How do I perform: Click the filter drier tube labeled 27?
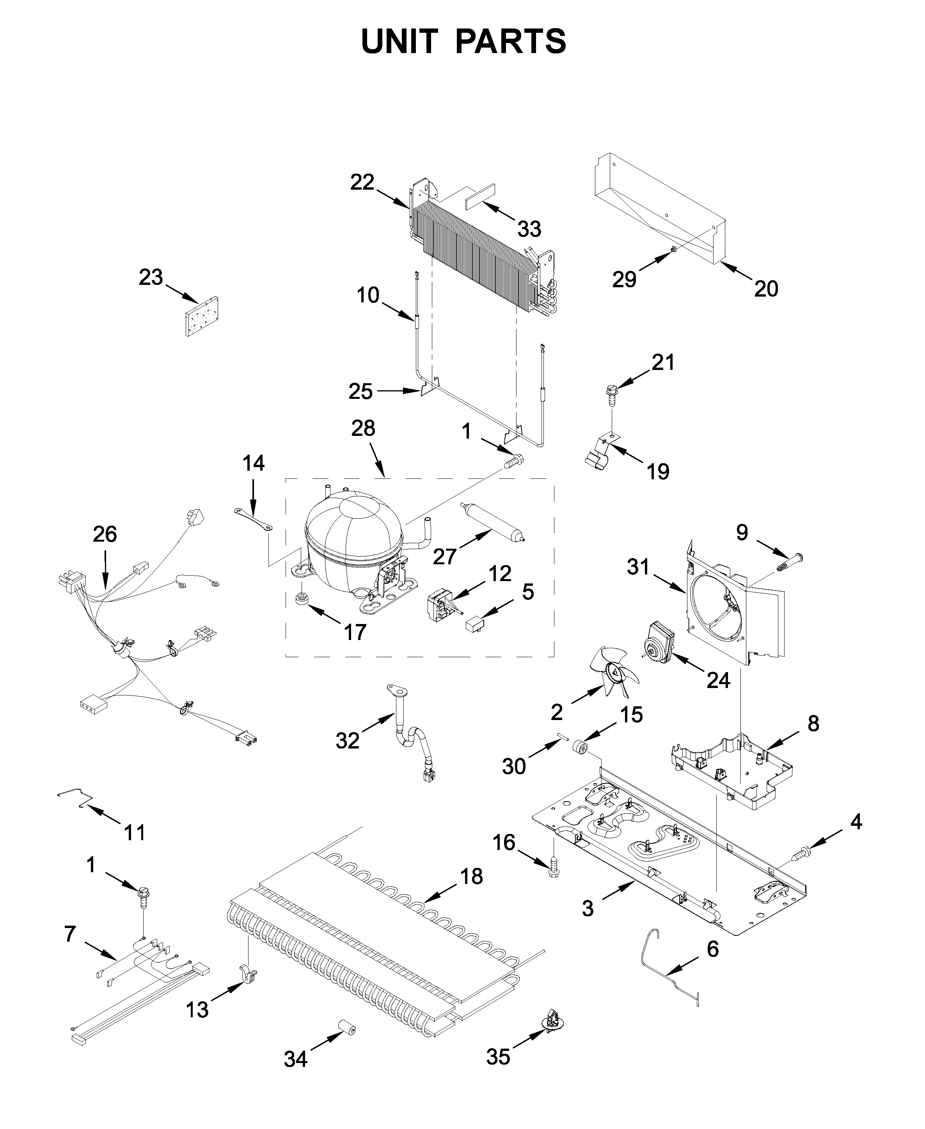click(x=491, y=523)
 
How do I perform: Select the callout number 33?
click(x=529, y=229)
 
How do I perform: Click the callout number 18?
click(x=471, y=876)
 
